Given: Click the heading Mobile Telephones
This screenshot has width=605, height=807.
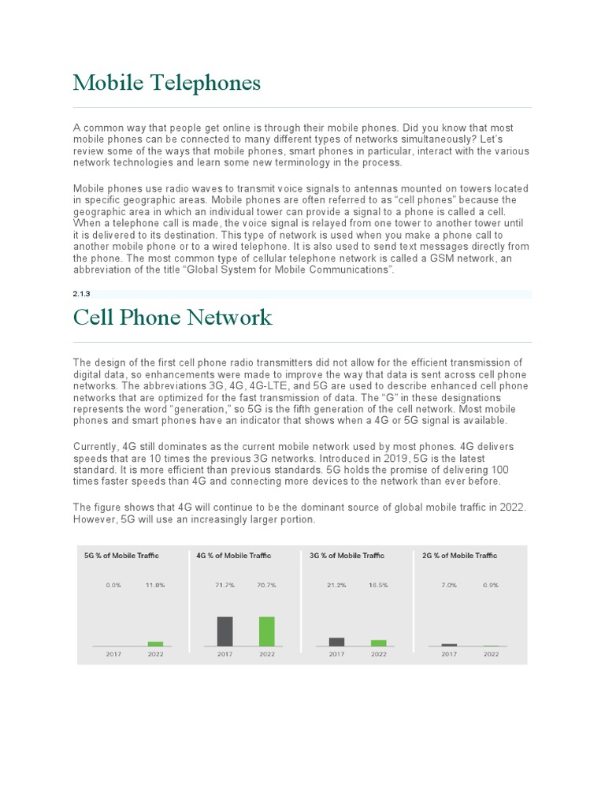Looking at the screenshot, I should (x=166, y=83).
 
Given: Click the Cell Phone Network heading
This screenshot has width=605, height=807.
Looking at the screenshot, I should (x=173, y=318).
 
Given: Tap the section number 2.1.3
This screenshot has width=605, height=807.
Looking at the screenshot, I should (x=83, y=293).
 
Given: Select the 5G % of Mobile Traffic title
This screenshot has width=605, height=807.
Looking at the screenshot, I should (x=121, y=556).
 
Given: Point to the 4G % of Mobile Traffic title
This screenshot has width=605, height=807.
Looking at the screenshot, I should (x=233, y=556).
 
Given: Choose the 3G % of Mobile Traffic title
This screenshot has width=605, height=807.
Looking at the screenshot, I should (x=347, y=556).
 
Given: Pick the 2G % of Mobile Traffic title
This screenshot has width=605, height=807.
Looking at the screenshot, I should (x=459, y=556).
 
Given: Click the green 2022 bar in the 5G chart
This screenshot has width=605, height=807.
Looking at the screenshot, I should (x=155, y=644).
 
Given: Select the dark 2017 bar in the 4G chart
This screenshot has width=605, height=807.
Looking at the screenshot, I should (x=225, y=631).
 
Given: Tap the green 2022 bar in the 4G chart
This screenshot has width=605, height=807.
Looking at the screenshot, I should (x=267, y=631).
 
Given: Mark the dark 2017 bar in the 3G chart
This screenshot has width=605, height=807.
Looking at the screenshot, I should (x=336, y=642).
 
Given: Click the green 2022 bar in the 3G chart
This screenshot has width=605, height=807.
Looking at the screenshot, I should (x=379, y=643).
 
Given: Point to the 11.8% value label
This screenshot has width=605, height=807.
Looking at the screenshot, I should (x=155, y=586).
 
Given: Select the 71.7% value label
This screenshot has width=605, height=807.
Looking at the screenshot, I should (x=225, y=586).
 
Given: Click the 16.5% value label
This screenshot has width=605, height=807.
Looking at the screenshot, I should (x=379, y=586).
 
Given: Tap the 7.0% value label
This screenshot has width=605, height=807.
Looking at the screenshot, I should (x=449, y=586).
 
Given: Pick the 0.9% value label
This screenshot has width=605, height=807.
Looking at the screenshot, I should (x=491, y=586).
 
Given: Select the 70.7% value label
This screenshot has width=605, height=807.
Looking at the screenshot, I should (x=267, y=586).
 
